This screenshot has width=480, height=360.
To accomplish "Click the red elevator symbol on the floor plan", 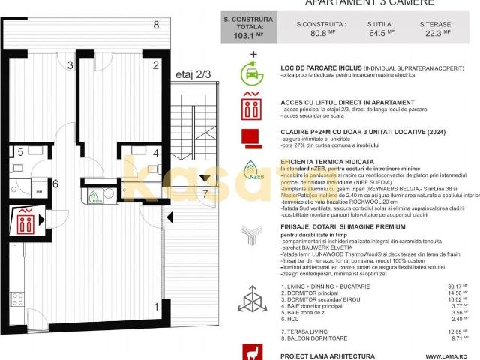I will (x=25, y=223).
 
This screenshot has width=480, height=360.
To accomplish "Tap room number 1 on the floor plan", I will (x=156, y=306).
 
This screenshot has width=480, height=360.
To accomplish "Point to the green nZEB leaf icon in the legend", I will (x=253, y=170).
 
